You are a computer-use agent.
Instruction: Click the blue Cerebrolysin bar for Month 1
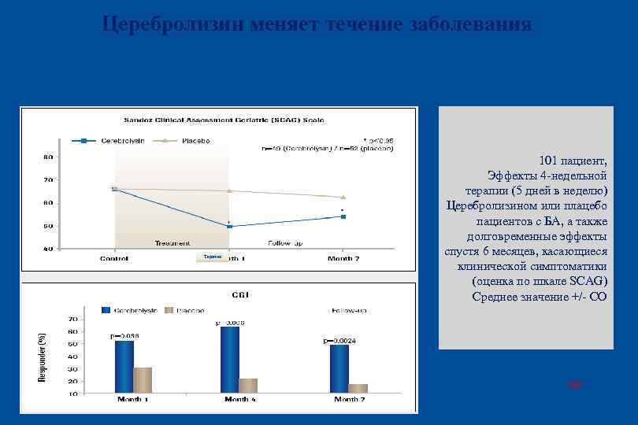coord(124,366)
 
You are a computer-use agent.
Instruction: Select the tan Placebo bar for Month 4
coord(248,385)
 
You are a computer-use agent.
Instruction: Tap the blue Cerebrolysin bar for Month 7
coord(339,368)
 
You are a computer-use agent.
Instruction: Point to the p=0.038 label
coord(124,336)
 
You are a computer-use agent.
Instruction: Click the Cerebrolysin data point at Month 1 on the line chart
coord(229,227)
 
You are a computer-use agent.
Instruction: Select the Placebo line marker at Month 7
coord(343,197)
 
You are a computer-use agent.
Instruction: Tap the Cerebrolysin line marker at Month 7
coord(343,216)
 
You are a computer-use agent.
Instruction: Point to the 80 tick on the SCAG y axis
coord(48,157)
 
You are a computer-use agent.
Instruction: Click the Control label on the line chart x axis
coord(114,258)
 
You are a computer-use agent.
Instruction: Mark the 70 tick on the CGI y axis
coord(72,320)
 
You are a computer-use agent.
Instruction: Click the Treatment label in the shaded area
coord(172,242)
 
